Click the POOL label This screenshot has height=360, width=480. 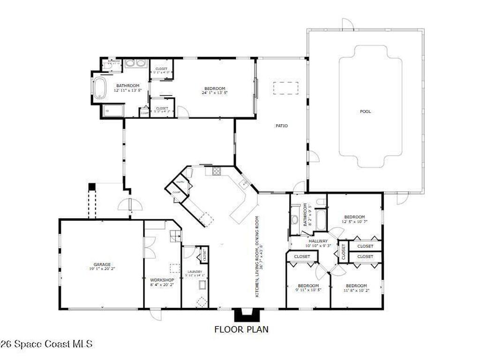tap(365, 112)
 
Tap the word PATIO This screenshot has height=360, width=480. tap(281, 126)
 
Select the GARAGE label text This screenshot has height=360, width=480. tap(102, 264)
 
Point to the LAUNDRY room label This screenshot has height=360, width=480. tap(195, 272)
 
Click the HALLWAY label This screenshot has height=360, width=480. tap(318, 241)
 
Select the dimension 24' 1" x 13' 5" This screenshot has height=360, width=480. tap(215, 93)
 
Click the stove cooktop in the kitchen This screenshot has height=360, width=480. tap(217, 171)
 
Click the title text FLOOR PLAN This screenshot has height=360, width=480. tap(241, 329)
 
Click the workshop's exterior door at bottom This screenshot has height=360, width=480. tap(156, 314)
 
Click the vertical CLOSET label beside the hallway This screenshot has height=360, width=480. tap(343, 252)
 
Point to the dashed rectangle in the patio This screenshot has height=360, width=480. tap(286, 88)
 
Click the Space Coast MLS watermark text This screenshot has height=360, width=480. tap(46, 344)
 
